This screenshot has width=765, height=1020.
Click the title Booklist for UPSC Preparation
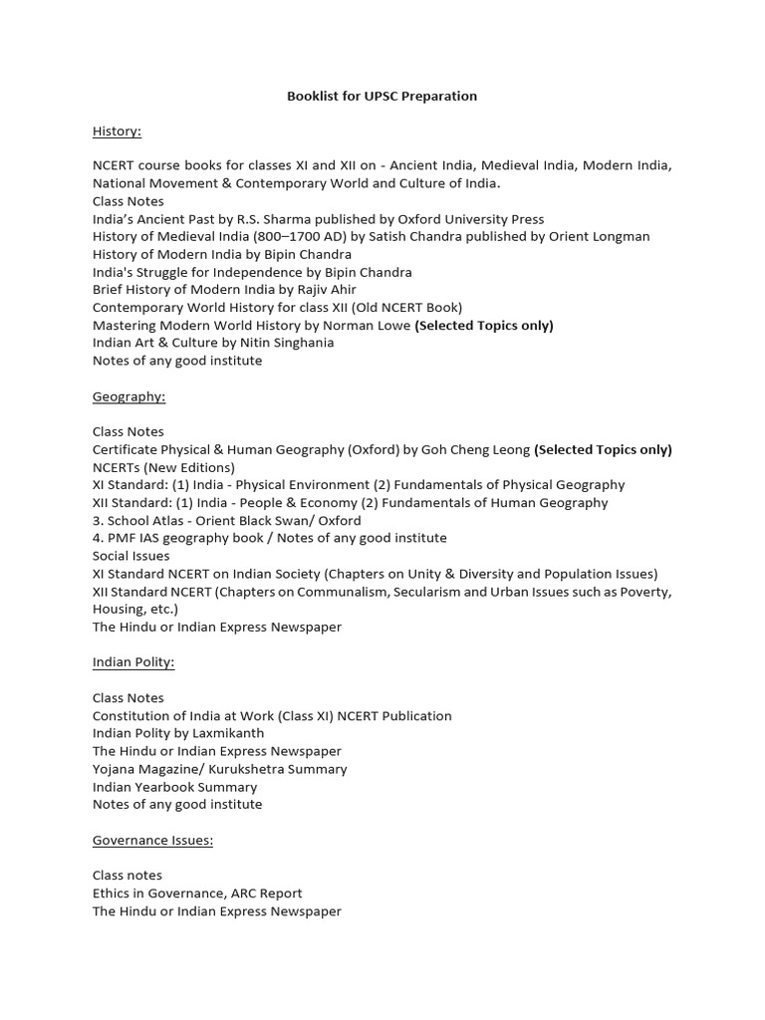point(382,97)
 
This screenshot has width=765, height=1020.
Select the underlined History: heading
point(117,131)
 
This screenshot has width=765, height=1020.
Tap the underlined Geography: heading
point(128,396)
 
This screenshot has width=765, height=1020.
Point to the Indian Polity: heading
point(133,662)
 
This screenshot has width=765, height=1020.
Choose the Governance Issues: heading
point(152,840)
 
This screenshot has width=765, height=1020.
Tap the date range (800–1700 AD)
point(313,237)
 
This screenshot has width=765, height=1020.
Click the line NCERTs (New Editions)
point(163,467)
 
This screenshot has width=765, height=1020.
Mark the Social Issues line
point(130,556)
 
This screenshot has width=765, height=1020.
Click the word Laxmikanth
point(228,733)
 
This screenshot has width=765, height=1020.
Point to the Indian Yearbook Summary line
point(174,787)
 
